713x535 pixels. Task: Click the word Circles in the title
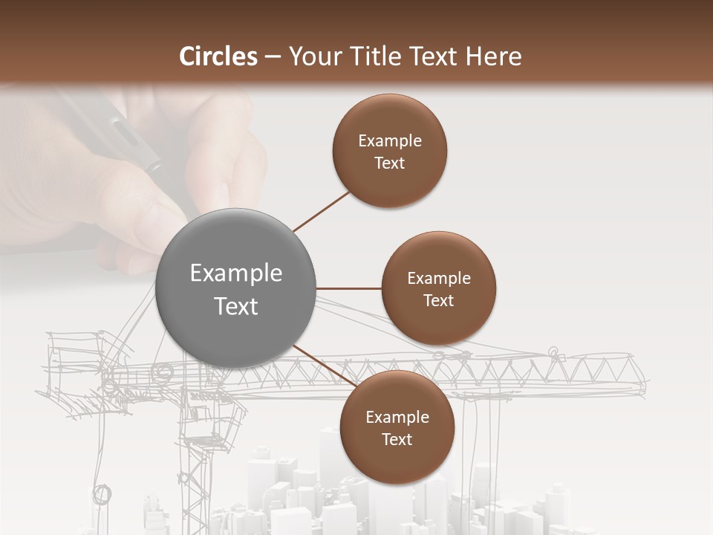pos(218,56)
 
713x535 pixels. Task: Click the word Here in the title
pos(495,56)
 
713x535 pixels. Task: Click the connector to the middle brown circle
pos(348,288)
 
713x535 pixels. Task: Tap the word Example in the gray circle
pos(236,273)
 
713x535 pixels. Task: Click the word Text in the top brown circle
pos(390,163)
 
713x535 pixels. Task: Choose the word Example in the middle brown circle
pos(439,279)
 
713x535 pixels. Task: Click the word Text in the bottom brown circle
pos(397,439)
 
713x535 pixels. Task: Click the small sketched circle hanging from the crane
pos(102,493)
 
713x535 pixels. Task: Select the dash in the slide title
pos(273,57)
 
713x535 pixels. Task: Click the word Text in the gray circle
pos(236,306)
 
